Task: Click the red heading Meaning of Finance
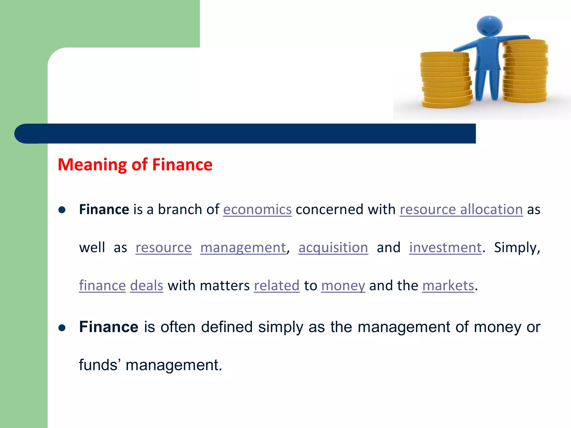(x=135, y=164)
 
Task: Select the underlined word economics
(x=257, y=210)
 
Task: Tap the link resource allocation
(x=461, y=210)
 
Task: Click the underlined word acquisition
(x=333, y=247)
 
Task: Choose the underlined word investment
(x=445, y=247)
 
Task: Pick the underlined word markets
(x=448, y=286)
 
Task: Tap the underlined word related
(x=276, y=286)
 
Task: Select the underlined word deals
(x=146, y=286)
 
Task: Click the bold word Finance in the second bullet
(x=108, y=327)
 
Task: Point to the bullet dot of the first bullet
(x=62, y=210)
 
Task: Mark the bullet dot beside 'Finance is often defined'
(x=62, y=328)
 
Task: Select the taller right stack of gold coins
(x=525, y=71)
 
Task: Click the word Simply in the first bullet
(x=516, y=247)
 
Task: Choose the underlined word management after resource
(x=243, y=247)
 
